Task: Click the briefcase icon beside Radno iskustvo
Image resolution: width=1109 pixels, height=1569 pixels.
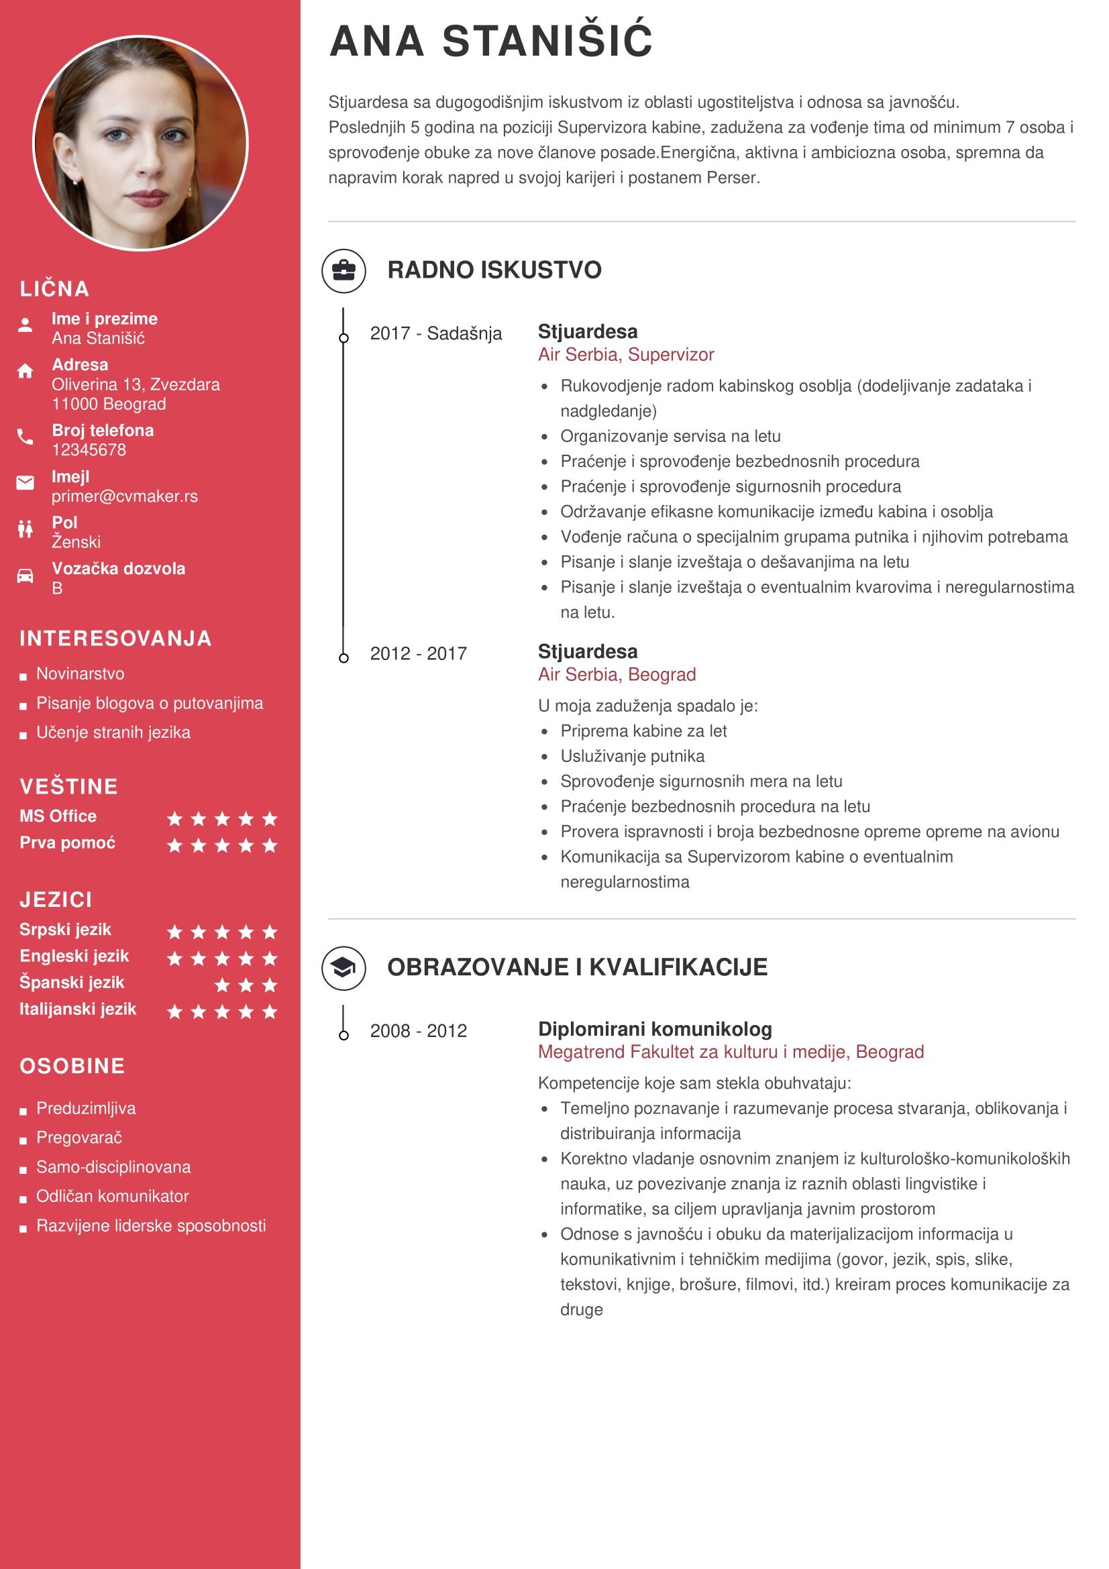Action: click(343, 271)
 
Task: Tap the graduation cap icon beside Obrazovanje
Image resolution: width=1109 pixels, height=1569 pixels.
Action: click(343, 968)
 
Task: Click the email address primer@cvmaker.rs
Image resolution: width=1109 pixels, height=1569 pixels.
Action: click(124, 497)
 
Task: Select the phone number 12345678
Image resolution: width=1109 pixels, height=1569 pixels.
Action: click(89, 450)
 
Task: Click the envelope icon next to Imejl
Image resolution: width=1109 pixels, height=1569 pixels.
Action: click(25, 483)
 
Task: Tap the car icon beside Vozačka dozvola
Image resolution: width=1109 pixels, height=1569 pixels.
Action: click(25, 576)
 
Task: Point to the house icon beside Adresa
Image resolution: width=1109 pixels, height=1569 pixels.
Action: click(25, 371)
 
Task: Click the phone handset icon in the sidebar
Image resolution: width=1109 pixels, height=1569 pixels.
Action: click(25, 437)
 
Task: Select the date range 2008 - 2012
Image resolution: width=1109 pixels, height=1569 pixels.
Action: click(418, 1031)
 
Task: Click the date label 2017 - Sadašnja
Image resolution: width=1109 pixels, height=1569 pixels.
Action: click(435, 333)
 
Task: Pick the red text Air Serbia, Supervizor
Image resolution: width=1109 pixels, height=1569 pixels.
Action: click(625, 355)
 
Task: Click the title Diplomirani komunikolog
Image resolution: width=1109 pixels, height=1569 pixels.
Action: click(655, 1029)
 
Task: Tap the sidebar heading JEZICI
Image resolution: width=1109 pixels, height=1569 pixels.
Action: click(55, 900)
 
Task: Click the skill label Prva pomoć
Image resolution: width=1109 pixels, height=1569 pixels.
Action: click(67, 843)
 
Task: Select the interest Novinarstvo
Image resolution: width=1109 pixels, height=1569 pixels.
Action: click(80, 673)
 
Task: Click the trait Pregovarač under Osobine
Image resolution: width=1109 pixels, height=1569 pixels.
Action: click(78, 1138)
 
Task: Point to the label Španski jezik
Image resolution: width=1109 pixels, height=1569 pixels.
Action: click(71, 983)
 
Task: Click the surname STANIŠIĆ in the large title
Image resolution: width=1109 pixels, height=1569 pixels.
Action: click(547, 41)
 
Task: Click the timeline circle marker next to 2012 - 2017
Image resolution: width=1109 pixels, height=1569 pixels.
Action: click(344, 658)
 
